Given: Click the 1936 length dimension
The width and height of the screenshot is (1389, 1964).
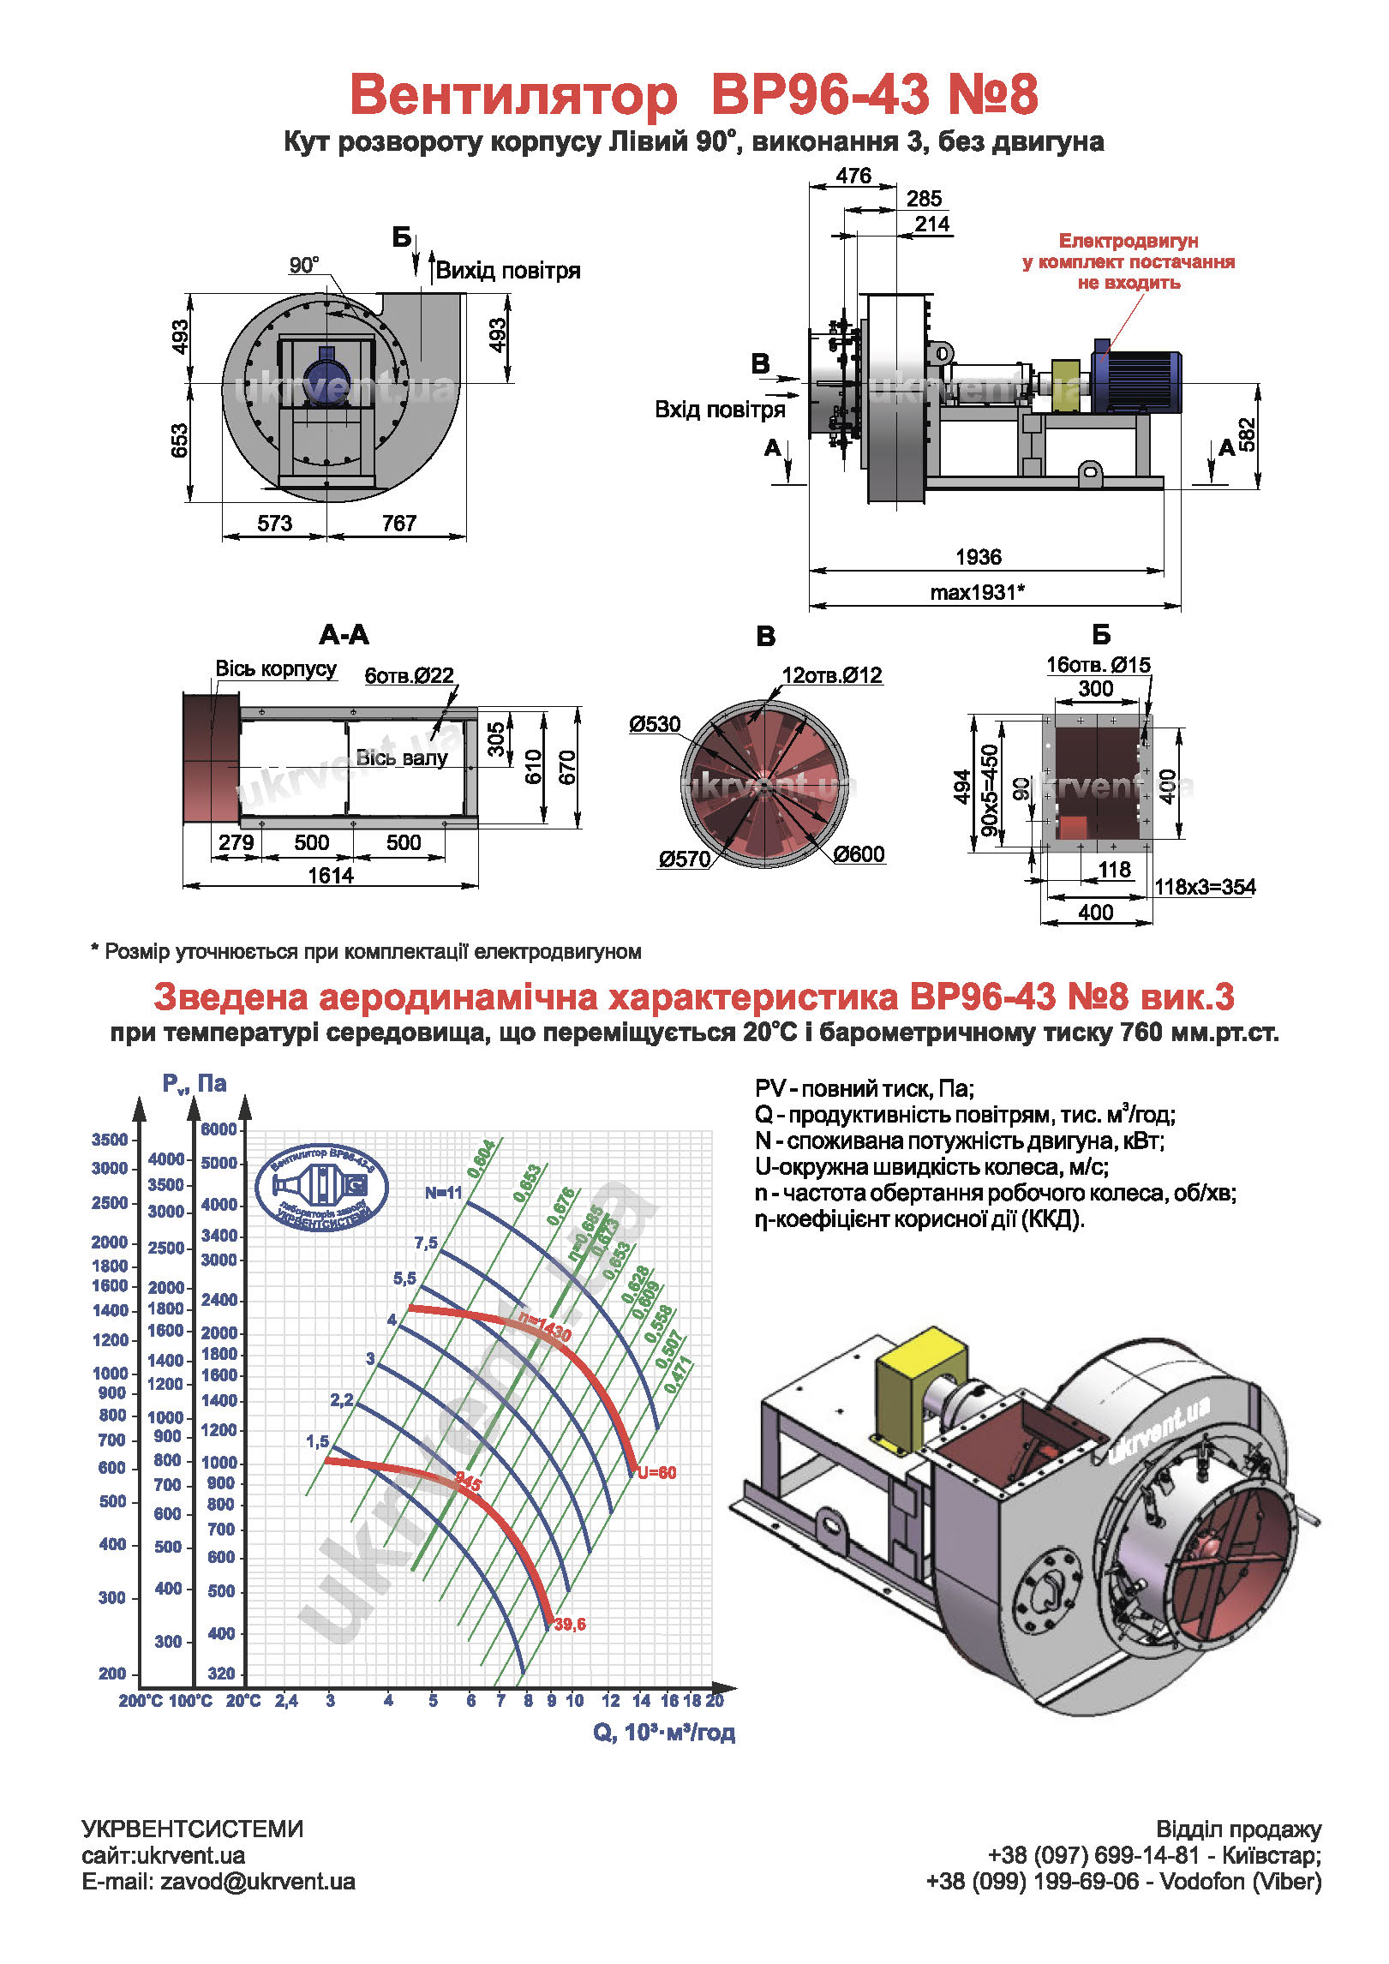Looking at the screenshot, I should click(x=978, y=557).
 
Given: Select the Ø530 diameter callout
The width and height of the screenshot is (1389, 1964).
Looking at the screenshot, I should click(x=655, y=724).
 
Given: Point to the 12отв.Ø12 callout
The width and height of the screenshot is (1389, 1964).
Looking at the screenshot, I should click(x=831, y=675).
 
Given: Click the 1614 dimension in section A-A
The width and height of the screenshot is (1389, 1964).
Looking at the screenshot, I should click(x=331, y=875).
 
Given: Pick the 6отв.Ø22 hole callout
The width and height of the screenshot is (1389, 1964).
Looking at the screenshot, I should click(x=409, y=675).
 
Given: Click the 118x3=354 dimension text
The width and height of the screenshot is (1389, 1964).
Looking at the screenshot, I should click(x=1204, y=887).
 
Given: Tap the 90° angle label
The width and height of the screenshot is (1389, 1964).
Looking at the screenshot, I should click(x=304, y=265).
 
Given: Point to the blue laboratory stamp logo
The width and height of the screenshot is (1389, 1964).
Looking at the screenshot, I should click(x=322, y=1187).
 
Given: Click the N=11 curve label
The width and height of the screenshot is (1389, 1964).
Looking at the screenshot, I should click(x=443, y=1192).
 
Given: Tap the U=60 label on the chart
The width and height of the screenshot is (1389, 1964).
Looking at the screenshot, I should click(x=656, y=1472).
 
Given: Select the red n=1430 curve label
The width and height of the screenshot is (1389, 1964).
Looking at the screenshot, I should click(x=545, y=1327).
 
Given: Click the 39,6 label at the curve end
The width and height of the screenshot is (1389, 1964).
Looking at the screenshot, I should click(x=570, y=1624).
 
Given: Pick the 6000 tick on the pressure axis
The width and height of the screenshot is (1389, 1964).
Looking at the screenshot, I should click(x=219, y=1129).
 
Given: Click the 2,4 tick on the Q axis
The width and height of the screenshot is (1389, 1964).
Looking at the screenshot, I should click(x=286, y=1700).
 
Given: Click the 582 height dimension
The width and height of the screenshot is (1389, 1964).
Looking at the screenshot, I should click(x=1248, y=434).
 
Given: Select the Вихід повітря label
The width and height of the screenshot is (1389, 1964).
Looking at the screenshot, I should click(x=507, y=271).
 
